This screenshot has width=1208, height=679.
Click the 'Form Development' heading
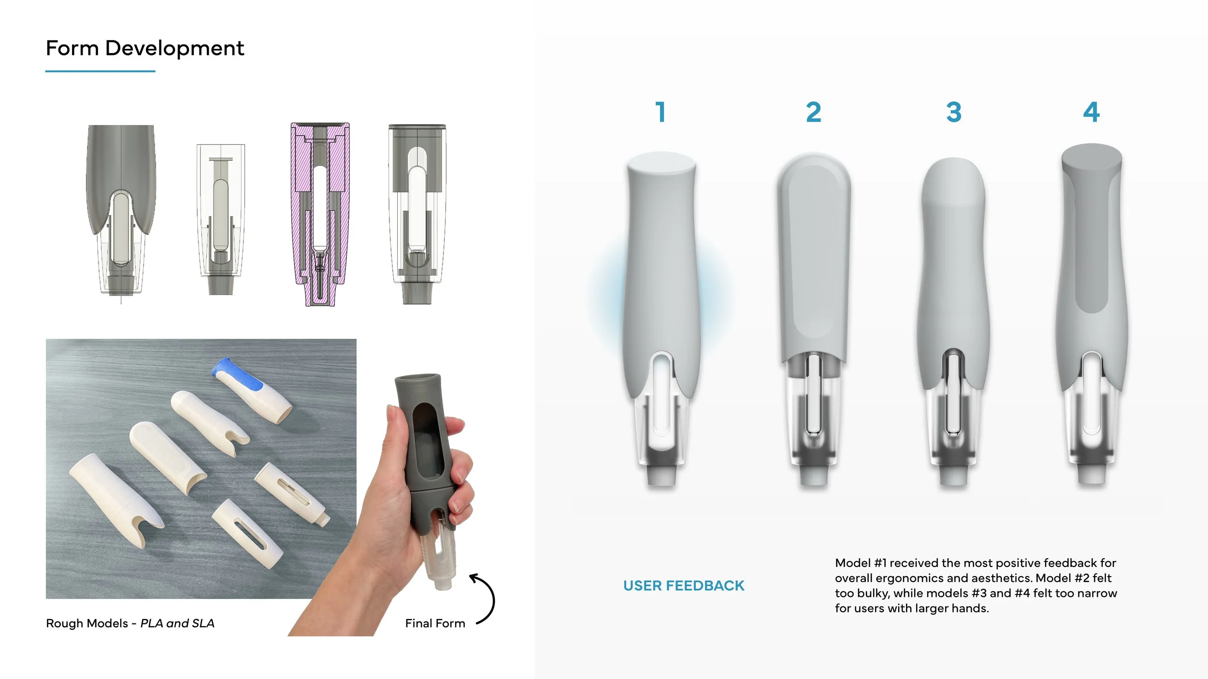click(x=145, y=48)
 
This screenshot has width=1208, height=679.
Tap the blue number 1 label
click(x=661, y=112)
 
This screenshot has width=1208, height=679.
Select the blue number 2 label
click(x=814, y=112)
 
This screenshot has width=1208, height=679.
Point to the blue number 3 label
click(x=954, y=112)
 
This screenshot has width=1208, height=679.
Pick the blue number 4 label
click(x=1092, y=112)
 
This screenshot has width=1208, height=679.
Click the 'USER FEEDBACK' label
click(x=684, y=586)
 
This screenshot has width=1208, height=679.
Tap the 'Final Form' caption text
click(x=435, y=623)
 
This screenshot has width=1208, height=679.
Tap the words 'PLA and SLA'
click(x=177, y=623)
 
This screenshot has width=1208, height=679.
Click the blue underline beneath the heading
click(x=101, y=71)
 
